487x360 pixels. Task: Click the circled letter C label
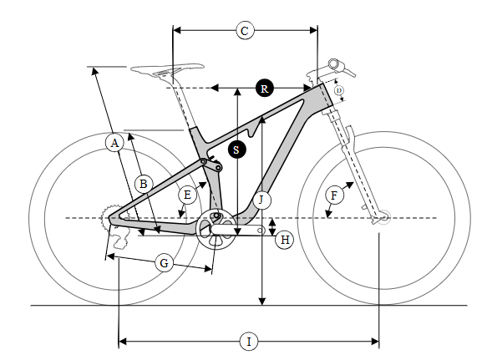point(245,30)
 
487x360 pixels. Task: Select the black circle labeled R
point(265,89)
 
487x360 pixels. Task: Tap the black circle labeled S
point(237,150)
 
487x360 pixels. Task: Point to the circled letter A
point(114,143)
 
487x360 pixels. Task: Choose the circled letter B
point(144,185)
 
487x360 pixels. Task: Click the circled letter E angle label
point(188,195)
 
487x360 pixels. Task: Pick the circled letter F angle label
point(334,195)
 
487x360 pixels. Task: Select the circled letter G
point(164,263)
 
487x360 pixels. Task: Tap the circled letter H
point(285,240)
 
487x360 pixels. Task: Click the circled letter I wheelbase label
point(249,342)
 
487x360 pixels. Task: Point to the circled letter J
point(261,200)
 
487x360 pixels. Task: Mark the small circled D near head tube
point(339,90)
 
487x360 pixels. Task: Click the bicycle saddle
point(167,69)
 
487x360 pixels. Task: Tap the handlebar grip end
point(334,64)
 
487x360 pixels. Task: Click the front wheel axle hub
point(383,217)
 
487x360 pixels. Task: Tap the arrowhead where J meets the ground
point(262,302)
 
